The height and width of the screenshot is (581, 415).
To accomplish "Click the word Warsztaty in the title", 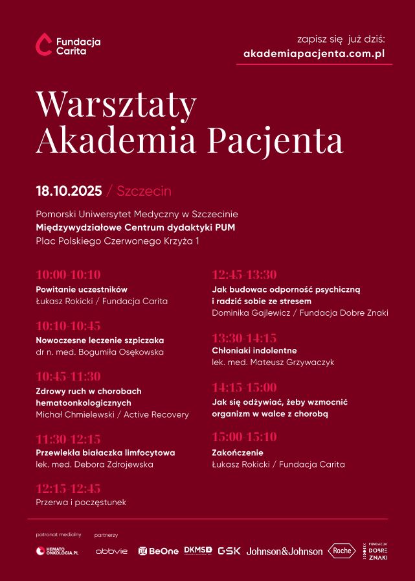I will click(116, 103).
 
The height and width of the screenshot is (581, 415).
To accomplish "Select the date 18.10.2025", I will click(69, 191).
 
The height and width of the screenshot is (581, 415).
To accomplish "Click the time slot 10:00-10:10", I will click(68, 274).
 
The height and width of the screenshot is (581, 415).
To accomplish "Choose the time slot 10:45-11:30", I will click(68, 377).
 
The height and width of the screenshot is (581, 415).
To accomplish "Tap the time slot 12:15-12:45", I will click(68, 488).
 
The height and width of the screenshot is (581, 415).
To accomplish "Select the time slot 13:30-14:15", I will click(244, 338).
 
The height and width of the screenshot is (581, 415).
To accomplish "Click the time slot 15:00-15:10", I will click(244, 436).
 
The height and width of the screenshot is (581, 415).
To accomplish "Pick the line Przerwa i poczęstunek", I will click(81, 502).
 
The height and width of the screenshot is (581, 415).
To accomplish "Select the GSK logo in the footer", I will click(229, 551).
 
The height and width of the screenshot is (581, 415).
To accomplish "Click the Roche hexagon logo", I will click(341, 551).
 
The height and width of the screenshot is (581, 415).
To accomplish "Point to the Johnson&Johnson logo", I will click(284, 551).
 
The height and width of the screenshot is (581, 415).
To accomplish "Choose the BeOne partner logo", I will click(159, 551).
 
